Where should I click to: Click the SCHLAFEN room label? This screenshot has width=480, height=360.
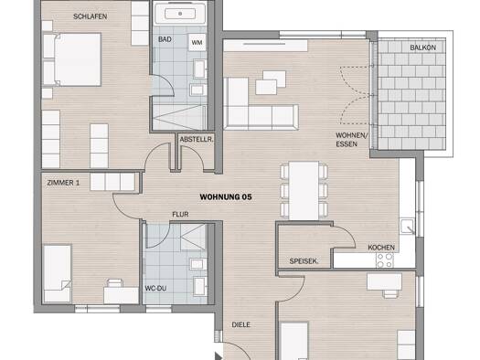[x=90, y=16]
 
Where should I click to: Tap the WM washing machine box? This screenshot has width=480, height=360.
[x=197, y=43]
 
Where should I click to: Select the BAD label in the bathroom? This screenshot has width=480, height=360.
[x=165, y=39]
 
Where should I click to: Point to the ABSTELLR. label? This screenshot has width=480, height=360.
[x=197, y=140]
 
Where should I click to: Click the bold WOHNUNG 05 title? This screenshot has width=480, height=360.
[x=226, y=197]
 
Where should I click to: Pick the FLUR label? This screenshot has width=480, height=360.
[x=180, y=215]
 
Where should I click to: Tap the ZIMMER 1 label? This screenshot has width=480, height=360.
[x=63, y=183]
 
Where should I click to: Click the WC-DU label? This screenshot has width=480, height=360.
[x=155, y=289]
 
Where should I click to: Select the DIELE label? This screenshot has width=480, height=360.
[x=241, y=325]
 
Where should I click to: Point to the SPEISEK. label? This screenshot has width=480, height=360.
[x=304, y=261]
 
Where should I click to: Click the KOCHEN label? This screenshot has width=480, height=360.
[x=381, y=248]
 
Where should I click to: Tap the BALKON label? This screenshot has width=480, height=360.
[x=422, y=48]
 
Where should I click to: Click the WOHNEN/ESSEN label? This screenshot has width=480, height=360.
[x=352, y=140]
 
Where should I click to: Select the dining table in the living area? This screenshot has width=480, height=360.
[x=304, y=191]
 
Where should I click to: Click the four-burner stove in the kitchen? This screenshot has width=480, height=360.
[x=385, y=260]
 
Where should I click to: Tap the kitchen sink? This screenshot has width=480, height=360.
[x=407, y=227]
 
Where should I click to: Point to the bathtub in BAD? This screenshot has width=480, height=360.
[x=180, y=14]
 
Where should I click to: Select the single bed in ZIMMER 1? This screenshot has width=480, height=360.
[x=58, y=273]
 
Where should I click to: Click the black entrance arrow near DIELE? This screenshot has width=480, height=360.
[x=218, y=356]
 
